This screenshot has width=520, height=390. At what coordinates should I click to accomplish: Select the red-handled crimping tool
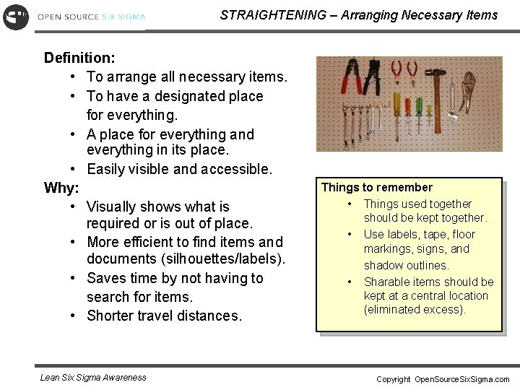(x=350, y=77)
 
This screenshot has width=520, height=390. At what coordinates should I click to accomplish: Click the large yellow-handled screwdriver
(x=396, y=105)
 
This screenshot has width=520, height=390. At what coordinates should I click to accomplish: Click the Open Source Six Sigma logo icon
(x=15, y=16)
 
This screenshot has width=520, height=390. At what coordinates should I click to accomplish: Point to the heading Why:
(x=61, y=188)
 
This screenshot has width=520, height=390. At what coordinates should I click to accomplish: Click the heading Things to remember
(x=377, y=188)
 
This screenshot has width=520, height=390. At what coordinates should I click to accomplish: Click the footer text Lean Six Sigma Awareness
(x=93, y=377)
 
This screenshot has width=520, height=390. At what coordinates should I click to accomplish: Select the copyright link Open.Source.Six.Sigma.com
(x=461, y=379)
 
